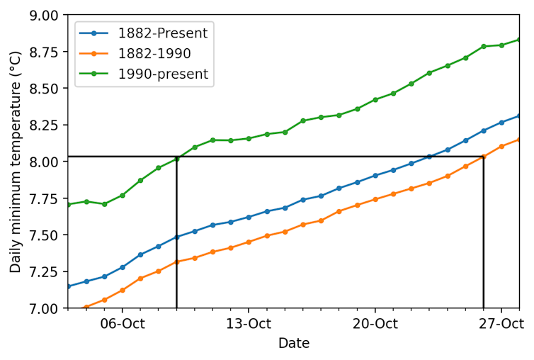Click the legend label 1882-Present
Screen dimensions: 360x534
[x=162, y=33]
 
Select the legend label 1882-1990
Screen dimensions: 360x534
[x=154, y=54]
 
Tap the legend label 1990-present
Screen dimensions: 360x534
[x=162, y=74]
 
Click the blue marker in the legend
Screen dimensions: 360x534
[x=93, y=33]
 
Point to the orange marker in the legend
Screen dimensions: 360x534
[x=93, y=54]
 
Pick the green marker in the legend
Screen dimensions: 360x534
[x=93, y=74]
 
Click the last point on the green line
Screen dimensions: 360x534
[x=519, y=39]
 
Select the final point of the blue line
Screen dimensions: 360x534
[x=519, y=116]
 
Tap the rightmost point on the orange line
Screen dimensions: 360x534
[x=519, y=139]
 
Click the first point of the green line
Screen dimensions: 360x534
[x=69, y=205]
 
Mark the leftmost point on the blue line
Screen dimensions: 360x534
[x=69, y=286]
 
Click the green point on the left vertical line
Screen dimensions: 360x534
[x=176, y=159]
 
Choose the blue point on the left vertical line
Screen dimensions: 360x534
[x=176, y=237]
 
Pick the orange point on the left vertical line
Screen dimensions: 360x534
[x=176, y=261]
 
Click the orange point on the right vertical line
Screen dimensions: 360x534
[x=484, y=157]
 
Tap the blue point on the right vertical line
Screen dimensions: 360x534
[x=484, y=130]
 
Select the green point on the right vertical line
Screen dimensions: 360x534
[x=484, y=46]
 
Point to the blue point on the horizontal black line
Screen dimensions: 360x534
[x=429, y=157]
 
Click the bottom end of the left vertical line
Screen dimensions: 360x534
[x=176, y=307]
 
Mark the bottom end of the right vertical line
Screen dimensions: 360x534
[x=484, y=307]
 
